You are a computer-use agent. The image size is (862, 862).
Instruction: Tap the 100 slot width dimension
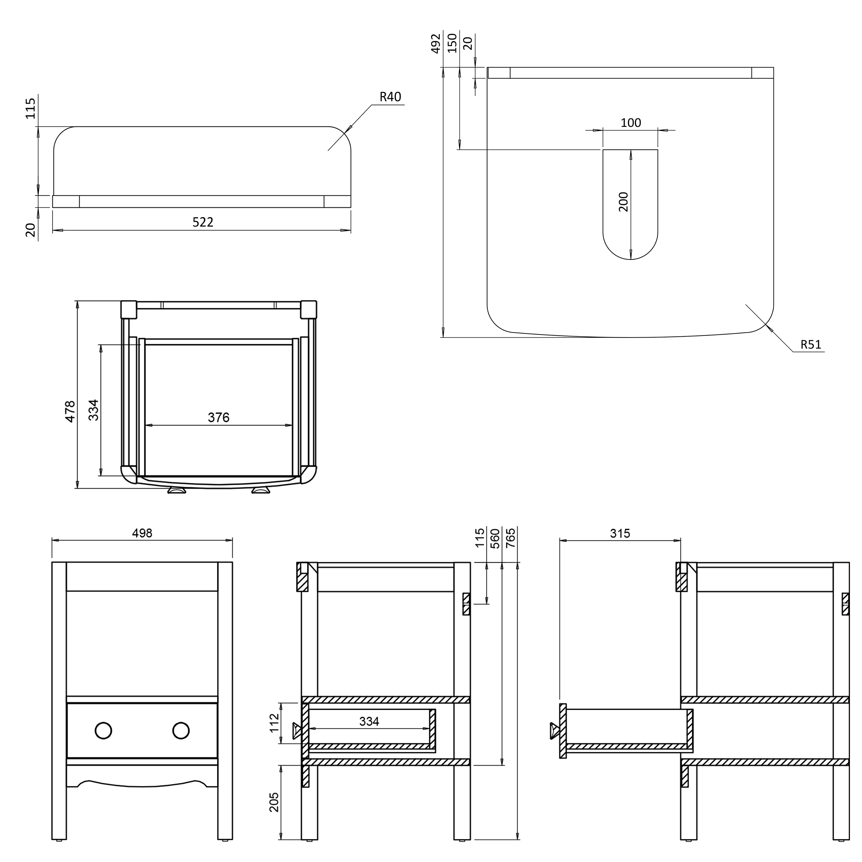[630, 123]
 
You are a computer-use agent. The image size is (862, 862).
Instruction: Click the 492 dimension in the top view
[436, 43]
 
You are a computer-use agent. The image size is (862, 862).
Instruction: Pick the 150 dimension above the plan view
[452, 43]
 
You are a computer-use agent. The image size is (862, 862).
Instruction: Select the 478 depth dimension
[70, 411]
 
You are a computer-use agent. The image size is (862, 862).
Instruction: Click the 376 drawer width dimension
[219, 417]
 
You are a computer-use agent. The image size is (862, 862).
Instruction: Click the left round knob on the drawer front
[103, 730]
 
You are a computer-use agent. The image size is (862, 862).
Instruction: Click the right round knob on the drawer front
[181, 730]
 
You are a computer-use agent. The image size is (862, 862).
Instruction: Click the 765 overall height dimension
[511, 538]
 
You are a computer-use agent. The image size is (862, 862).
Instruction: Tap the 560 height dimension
[495, 538]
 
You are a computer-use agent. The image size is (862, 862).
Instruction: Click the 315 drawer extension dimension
[620, 533]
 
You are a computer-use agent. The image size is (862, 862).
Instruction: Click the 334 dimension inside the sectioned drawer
[369, 721]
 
